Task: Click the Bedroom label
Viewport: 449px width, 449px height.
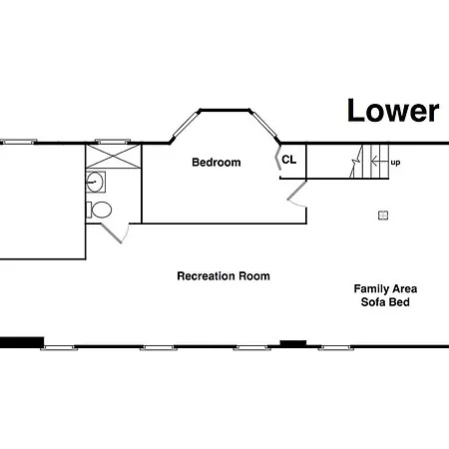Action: point(217,163)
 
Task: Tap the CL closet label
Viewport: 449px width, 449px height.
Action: point(288,160)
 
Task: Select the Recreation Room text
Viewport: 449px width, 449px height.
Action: point(224,276)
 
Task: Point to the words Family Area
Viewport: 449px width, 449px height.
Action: point(385,288)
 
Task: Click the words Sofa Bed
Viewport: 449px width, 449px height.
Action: point(385,302)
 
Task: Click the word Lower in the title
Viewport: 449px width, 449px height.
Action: point(393,111)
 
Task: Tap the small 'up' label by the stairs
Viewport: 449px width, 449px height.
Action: point(395,163)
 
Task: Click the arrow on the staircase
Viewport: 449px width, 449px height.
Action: point(379,162)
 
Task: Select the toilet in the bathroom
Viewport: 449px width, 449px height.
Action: point(99,210)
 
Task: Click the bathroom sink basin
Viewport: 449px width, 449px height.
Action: point(96,182)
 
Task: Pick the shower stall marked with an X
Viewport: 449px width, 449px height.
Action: point(114,156)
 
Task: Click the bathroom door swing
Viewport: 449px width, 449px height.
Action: point(115,233)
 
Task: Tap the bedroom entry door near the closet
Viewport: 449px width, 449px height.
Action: point(296,194)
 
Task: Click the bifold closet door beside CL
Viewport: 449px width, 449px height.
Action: point(277,158)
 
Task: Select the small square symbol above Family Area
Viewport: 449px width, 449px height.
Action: point(383,216)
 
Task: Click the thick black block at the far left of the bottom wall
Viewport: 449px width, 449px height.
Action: point(22,342)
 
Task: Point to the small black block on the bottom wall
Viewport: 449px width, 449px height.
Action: point(293,343)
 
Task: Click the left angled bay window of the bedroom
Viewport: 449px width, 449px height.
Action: point(185,125)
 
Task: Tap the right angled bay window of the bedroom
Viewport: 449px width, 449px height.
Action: point(264,125)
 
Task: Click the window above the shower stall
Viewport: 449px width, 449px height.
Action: point(113,142)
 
